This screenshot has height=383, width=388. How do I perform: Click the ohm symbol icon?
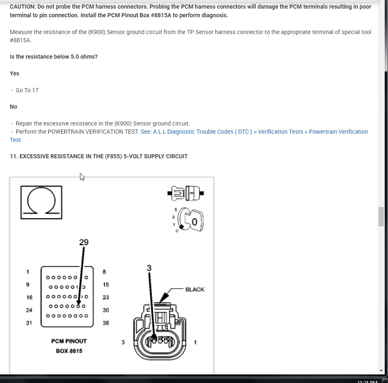coord(41,202)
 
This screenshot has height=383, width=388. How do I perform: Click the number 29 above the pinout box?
coord(84,242)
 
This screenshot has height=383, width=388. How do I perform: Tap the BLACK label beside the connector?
coord(194,290)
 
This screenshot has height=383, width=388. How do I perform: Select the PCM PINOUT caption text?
coord(69,341)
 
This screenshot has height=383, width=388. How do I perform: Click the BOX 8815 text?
coord(69,351)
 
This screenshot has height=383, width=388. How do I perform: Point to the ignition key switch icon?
coord(190,221)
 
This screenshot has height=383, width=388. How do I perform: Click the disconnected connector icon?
coord(186,193)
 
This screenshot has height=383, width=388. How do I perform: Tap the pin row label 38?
coord(106,323)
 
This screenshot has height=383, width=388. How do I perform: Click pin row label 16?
coord(29,297)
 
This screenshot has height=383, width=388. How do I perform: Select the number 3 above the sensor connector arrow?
coord(149,268)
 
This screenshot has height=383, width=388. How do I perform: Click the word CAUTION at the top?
coord(22,7)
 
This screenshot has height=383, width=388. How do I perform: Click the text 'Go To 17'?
coord(27,90)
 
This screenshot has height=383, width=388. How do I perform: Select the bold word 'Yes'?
coord(14,73)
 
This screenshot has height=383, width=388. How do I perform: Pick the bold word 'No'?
coord(14,107)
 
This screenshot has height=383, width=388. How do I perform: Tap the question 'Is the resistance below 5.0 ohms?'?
coord(54,57)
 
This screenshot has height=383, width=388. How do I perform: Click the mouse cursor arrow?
coord(82,177)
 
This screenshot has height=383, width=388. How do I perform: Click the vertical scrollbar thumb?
coord(381,217)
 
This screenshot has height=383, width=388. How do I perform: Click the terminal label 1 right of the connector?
coord(195,342)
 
